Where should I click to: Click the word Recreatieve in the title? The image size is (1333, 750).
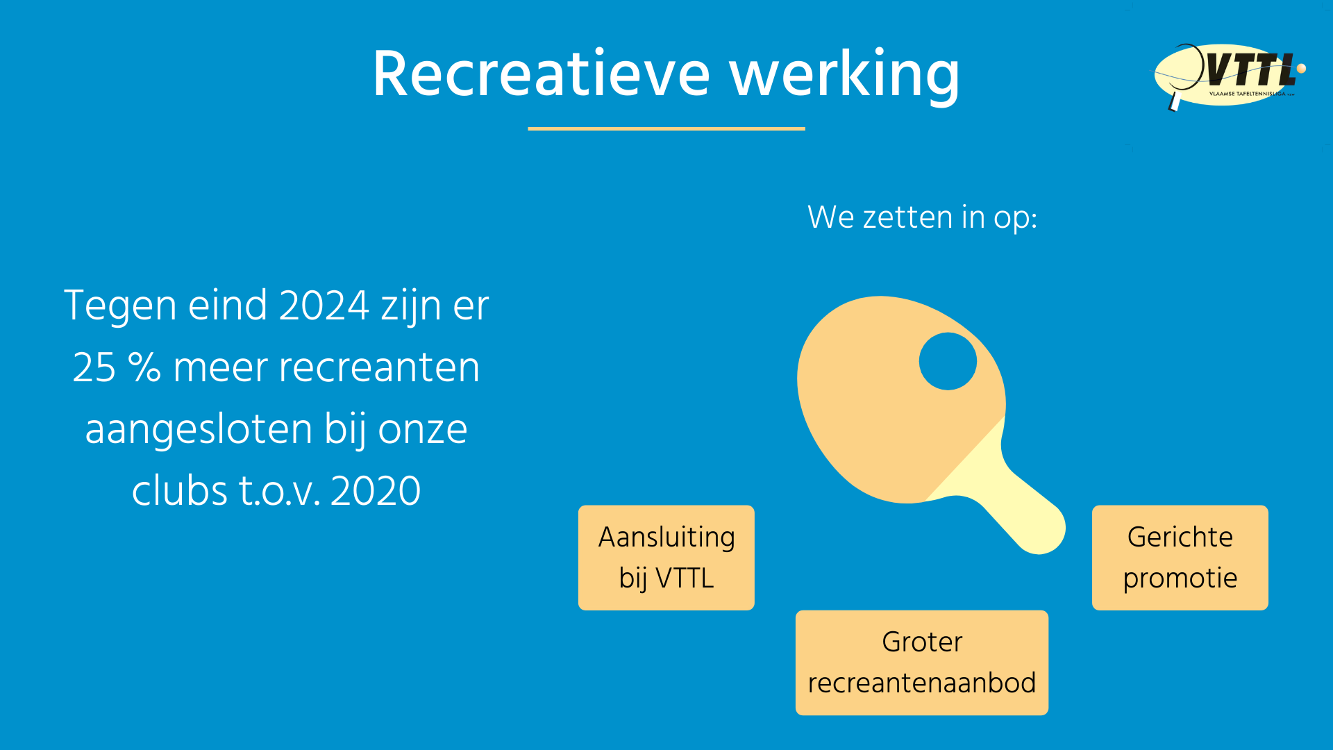point(542,74)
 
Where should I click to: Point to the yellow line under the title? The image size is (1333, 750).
point(666,128)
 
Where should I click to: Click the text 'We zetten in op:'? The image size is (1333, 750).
point(922,217)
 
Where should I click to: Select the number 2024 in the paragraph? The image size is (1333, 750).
point(324,306)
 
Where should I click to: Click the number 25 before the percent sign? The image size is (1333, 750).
point(94,367)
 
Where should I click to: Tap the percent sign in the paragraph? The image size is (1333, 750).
point(144,367)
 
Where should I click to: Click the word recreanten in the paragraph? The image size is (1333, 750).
point(379,367)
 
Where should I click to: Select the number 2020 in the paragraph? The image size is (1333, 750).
point(376,491)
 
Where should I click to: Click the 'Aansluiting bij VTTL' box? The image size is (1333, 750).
point(666,558)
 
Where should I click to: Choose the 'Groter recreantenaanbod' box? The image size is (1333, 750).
point(922,662)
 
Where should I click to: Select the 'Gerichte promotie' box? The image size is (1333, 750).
point(1180,558)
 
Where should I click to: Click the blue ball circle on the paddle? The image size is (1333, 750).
point(948,361)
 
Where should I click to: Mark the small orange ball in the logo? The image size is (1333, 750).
point(1301,68)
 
